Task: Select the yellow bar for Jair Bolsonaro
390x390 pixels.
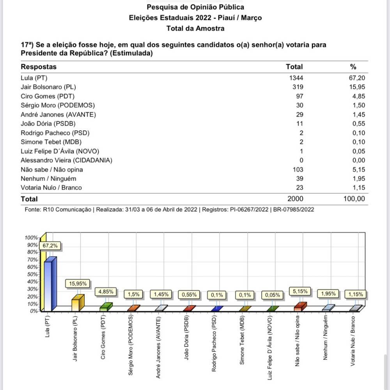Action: (78, 303)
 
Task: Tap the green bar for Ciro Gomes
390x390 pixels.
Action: (105, 307)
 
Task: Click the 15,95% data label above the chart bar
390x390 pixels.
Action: (78, 284)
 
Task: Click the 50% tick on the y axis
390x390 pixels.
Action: (31, 274)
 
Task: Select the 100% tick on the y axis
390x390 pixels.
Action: (31, 238)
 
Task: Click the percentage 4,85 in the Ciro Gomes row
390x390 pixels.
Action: (358, 96)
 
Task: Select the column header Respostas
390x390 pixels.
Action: (39, 67)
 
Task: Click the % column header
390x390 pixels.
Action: (353, 67)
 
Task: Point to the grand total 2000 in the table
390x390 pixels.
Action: (295, 199)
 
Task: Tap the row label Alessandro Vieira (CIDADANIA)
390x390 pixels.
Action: (66, 160)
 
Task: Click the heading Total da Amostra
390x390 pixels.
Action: (195, 28)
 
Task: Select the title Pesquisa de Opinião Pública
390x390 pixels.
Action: (195, 7)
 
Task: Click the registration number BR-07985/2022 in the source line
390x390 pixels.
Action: (293, 209)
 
